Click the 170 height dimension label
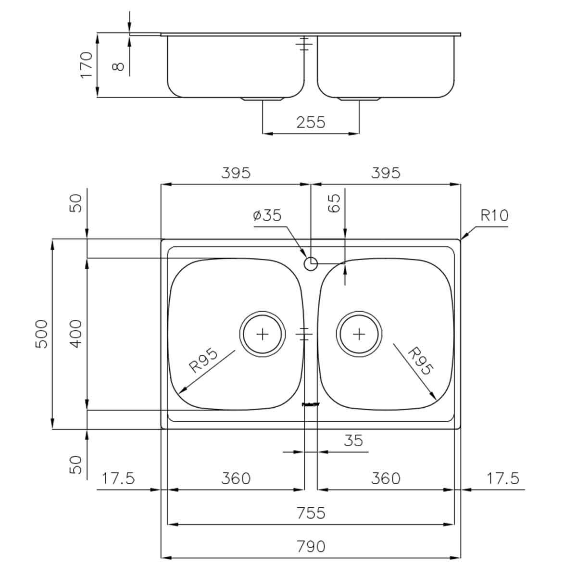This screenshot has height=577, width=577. (86, 65)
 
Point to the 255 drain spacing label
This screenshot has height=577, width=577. (311, 122)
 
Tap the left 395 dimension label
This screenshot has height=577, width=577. (236, 173)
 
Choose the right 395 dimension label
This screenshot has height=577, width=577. (386, 173)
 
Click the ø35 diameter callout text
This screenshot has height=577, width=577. (267, 215)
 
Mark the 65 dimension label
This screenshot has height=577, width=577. (335, 202)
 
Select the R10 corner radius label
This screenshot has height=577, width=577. (494, 215)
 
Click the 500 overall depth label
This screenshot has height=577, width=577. (42, 334)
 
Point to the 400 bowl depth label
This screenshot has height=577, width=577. (76, 334)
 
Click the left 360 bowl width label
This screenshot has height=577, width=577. (236, 478)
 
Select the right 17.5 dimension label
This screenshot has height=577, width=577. (503, 478)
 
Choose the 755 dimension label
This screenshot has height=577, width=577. (311, 513)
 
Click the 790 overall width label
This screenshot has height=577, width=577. (311, 547)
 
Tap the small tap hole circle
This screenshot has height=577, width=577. (311, 263)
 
